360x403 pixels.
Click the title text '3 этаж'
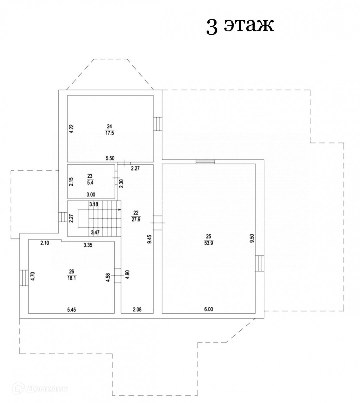coord(240,26)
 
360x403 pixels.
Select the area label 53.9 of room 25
coord(209,243)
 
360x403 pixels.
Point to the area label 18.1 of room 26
coord(71,278)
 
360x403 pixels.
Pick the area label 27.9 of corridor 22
coord(135,219)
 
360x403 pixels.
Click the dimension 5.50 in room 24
coord(110,159)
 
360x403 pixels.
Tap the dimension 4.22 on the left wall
coord(71,129)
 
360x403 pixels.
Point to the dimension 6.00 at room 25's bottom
coord(208,309)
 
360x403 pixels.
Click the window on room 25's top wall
coord(205,162)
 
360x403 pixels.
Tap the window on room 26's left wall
coord(23,278)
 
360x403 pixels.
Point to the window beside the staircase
coord(63,218)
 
